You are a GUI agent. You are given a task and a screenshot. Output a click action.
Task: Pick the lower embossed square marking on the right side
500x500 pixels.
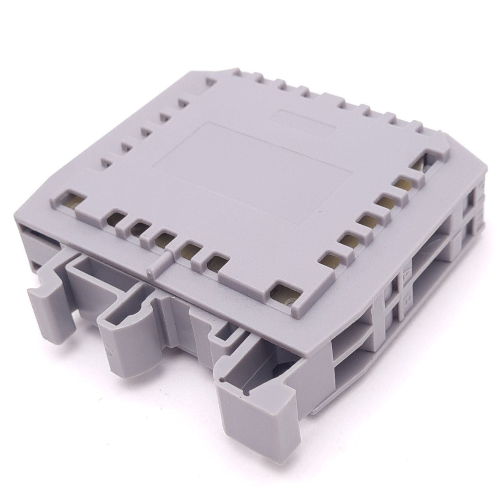point(407,296)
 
